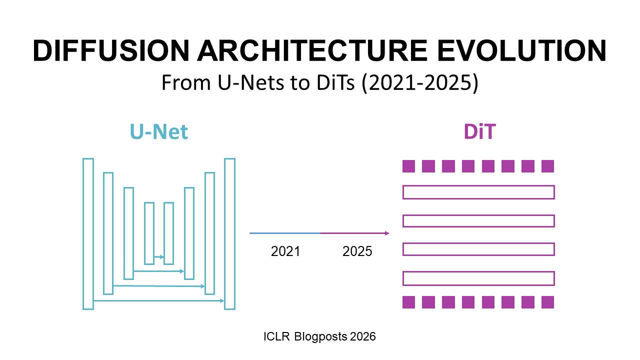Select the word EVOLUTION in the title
click(525, 51)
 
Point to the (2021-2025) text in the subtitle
click(420, 83)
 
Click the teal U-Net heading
click(159, 132)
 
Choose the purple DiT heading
click(479, 132)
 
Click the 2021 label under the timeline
click(285, 251)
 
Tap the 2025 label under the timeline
click(357, 251)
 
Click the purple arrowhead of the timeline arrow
click(386, 233)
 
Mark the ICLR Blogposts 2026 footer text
click(319, 336)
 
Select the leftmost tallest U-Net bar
click(88, 234)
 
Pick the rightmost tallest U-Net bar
click(229, 234)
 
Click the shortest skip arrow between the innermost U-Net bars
click(159, 257)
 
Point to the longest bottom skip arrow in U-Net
click(158, 301)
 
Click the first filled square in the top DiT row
click(409, 166)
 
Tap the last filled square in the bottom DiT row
click(548, 302)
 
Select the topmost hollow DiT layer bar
click(478, 192)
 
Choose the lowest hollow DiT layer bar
click(478, 278)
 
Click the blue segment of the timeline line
click(284, 233)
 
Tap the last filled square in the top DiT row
click(548, 166)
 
